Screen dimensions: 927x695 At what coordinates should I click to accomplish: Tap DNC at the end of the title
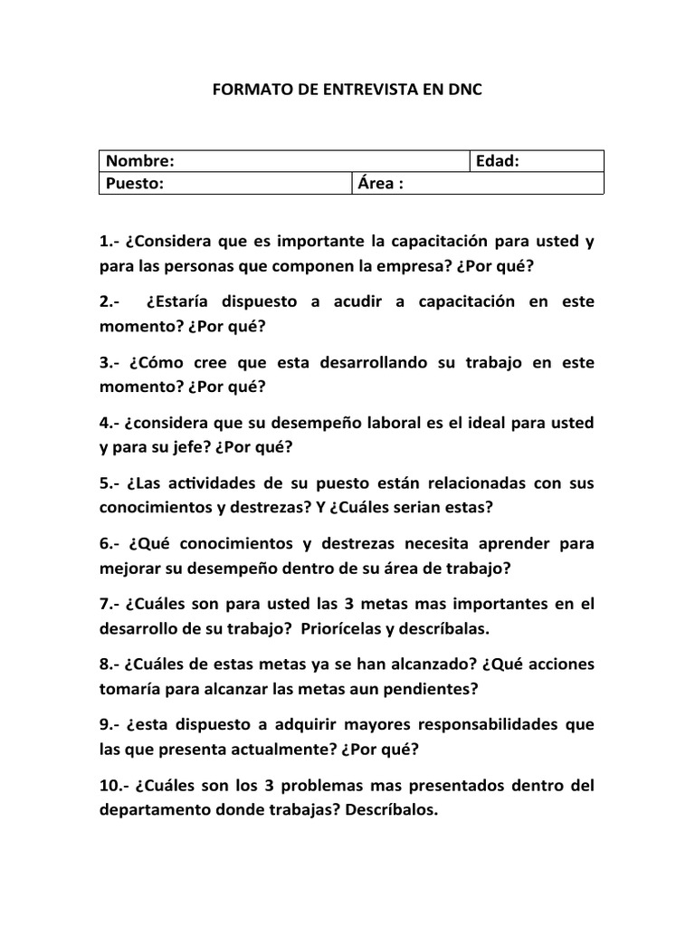click(x=464, y=91)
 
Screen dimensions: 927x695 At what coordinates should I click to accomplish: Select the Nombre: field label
click(x=140, y=161)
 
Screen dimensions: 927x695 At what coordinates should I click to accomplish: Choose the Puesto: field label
click(x=135, y=183)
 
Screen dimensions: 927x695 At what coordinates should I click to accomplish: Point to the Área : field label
click(x=380, y=183)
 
